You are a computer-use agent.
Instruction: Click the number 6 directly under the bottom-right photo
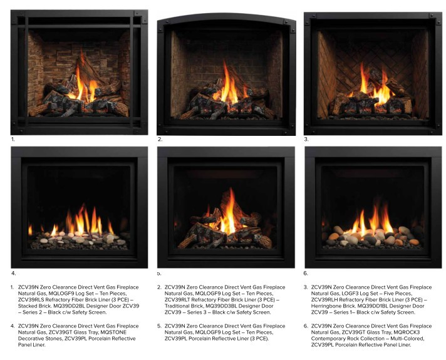[306, 274]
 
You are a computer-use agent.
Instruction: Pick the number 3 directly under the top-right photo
[306, 139]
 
